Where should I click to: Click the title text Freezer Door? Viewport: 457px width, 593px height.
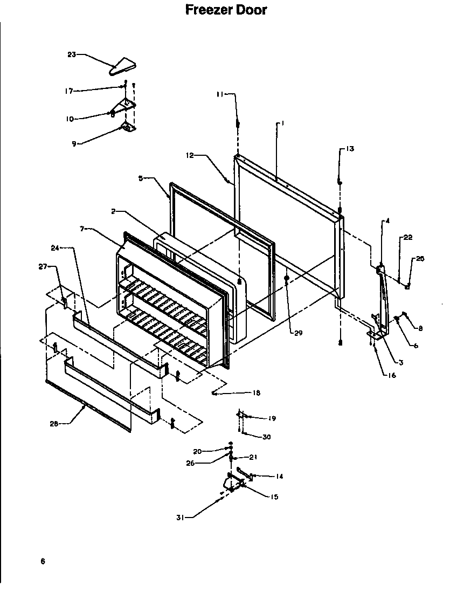coord(226,10)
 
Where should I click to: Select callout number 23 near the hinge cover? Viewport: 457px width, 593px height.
coord(72,54)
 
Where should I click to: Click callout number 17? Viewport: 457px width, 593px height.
coord(68,91)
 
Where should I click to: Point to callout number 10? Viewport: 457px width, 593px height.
coord(70,119)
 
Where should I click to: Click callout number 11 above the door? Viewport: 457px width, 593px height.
coord(219,94)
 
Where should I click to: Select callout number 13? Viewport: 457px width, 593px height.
coord(350,149)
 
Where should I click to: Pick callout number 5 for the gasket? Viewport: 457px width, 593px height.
coord(141,178)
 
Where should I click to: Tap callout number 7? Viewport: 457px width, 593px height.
coord(82,229)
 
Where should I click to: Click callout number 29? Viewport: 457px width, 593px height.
coord(298,333)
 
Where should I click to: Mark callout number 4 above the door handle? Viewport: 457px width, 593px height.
coord(386,220)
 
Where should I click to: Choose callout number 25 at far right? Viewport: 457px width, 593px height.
coord(419,259)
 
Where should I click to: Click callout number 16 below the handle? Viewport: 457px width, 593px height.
coord(391,375)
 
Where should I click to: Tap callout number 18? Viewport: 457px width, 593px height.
coord(256,393)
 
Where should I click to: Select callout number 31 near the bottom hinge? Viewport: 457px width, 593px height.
coord(181,518)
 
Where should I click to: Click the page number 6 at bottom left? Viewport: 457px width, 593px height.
coord(42,562)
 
